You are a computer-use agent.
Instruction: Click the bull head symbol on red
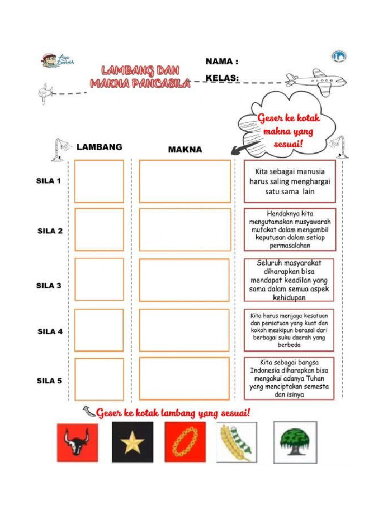(77, 442)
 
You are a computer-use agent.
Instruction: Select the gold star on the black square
(132, 442)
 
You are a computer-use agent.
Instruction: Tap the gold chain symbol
(185, 442)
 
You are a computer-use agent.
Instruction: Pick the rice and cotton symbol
(236, 442)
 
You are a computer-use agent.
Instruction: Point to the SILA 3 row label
(49, 285)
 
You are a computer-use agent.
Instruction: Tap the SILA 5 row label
(49, 380)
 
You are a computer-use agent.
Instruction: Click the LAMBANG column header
(99, 147)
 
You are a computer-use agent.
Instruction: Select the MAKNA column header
(185, 149)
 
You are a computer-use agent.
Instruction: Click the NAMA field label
(222, 61)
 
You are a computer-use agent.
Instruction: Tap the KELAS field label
(222, 78)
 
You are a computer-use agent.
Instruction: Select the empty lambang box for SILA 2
(99, 229)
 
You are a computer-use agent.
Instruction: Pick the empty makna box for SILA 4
(184, 330)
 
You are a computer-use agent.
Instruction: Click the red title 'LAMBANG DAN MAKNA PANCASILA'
(140, 77)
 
